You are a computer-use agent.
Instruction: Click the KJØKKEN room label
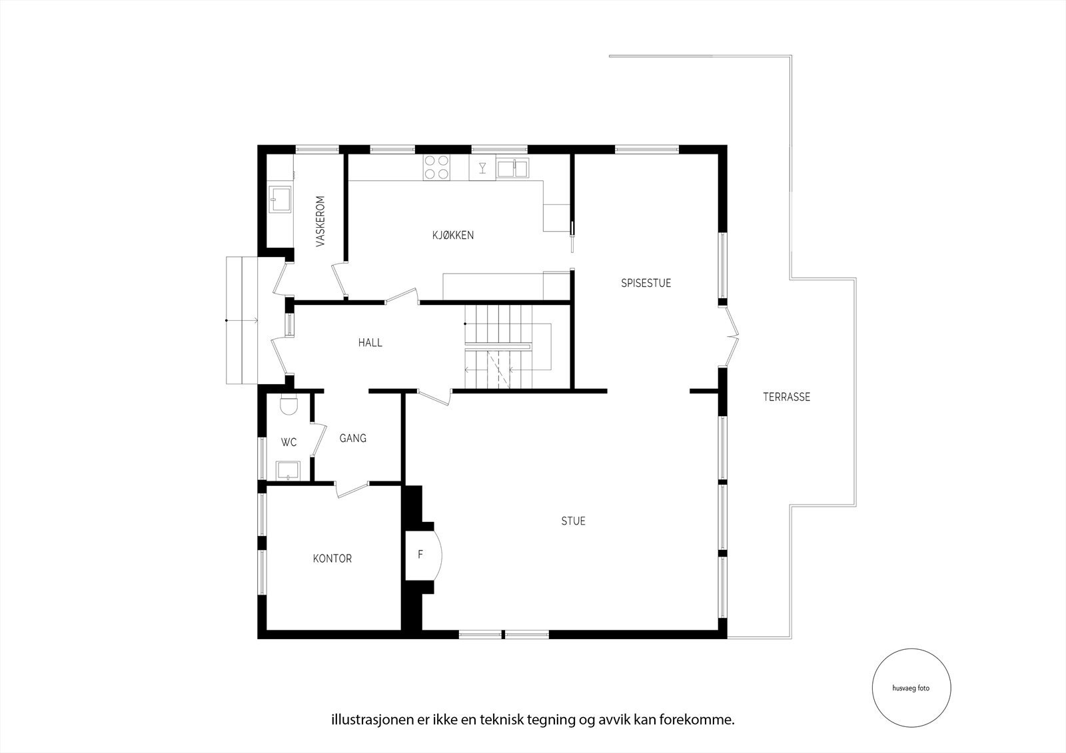(452, 235)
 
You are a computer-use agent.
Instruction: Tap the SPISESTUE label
(646, 283)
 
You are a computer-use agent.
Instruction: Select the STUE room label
(573, 521)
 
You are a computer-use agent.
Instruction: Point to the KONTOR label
(332, 559)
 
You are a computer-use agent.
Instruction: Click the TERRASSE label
(786, 397)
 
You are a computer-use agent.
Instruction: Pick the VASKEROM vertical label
(320, 221)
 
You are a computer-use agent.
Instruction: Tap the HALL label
(370, 343)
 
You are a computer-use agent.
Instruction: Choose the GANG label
(352, 438)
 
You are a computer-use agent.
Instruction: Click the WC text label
(288, 442)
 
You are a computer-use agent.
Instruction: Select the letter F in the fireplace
(420, 554)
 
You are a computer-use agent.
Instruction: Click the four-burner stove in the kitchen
(436, 167)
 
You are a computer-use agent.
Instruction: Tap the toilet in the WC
(288, 405)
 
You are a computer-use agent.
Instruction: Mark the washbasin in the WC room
(288, 470)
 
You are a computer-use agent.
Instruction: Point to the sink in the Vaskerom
(279, 198)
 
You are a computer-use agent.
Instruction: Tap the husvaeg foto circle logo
(911, 688)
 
